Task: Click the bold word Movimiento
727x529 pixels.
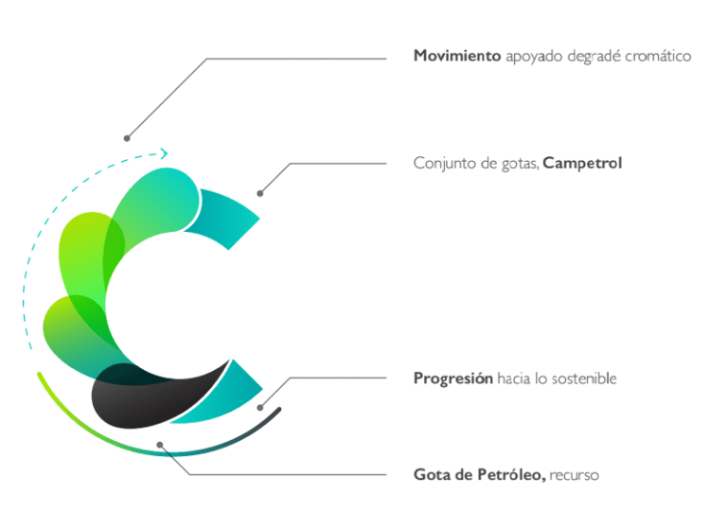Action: pyautogui.click(x=457, y=56)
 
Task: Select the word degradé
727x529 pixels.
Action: pyautogui.click(x=594, y=57)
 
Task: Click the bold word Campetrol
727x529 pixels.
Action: pyautogui.click(x=582, y=163)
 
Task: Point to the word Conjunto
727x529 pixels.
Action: pyautogui.click(x=444, y=164)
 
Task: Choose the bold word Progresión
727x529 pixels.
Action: pyautogui.click(x=453, y=379)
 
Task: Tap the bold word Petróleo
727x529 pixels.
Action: pyautogui.click(x=511, y=475)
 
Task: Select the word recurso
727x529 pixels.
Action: pyautogui.click(x=574, y=476)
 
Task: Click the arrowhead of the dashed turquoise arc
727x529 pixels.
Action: pyautogui.click(x=164, y=153)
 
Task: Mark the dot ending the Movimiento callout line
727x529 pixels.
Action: pyautogui.click(x=127, y=138)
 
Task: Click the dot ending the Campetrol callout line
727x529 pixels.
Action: pyautogui.click(x=260, y=193)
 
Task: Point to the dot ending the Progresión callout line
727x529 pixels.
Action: pyautogui.click(x=260, y=408)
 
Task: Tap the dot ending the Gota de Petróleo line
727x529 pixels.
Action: pyautogui.click(x=160, y=445)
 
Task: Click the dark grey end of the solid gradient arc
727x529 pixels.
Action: pyautogui.click(x=278, y=410)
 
